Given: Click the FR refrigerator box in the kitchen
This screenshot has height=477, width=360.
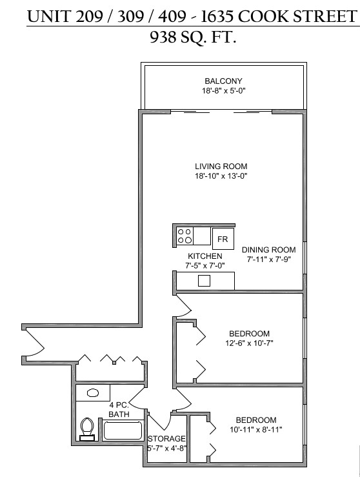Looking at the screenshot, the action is pyautogui.click(x=223, y=239).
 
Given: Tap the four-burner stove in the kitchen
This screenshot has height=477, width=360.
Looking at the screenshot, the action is pyautogui.click(x=185, y=236).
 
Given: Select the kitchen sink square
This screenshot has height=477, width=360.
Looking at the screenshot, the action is pyautogui.click(x=204, y=281).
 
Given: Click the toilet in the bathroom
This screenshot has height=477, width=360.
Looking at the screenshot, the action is pyautogui.click(x=87, y=429).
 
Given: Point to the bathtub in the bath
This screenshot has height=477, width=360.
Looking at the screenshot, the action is pyautogui.click(x=123, y=430).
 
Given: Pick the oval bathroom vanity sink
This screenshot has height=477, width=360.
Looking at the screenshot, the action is pyautogui.click(x=93, y=392).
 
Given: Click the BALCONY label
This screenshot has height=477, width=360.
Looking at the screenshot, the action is pyautogui.click(x=223, y=81).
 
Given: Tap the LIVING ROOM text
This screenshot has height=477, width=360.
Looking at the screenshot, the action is pyautogui.click(x=221, y=167).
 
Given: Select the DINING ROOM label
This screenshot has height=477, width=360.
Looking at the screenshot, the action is pyautogui.click(x=269, y=250).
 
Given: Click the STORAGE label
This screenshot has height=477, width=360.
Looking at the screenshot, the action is pyautogui.click(x=166, y=438).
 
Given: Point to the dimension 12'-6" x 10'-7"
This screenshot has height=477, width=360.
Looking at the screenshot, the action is pyautogui.click(x=249, y=343).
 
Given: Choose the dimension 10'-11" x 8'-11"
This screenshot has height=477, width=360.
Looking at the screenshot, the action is pyautogui.click(x=256, y=429).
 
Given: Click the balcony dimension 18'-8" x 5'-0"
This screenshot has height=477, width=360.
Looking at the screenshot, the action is pyautogui.click(x=224, y=90).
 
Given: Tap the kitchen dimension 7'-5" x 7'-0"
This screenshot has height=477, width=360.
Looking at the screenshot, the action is pyautogui.click(x=205, y=265).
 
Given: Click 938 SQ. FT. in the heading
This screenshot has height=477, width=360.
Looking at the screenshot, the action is pyautogui.click(x=193, y=37).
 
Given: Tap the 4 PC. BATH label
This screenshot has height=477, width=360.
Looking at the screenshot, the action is pyautogui.click(x=119, y=409).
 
